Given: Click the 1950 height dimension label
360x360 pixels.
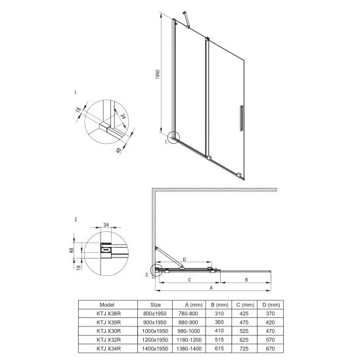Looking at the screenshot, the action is pyautogui.click(x=158, y=74).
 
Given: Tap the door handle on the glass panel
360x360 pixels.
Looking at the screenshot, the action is pyautogui.click(x=241, y=118).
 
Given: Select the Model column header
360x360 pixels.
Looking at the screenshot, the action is pyautogui.click(x=107, y=305).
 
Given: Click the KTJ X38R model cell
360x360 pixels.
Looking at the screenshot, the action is pyautogui.click(x=108, y=313).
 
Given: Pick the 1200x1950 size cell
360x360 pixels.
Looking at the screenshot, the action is pyautogui.click(x=155, y=340).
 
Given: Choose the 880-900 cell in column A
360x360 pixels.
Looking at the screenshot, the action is pyautogui.click(x=188, y=323).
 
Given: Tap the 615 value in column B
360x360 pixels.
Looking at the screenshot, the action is pyautogui.click(x=219, y=348).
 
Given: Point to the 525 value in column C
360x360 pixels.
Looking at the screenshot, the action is pyautogui.click(x=244, y=331).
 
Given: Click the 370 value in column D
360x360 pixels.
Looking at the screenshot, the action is pyautogui.click(x=270, y=313).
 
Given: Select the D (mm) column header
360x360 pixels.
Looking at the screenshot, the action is pyautogui.click(x=271, y=305).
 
